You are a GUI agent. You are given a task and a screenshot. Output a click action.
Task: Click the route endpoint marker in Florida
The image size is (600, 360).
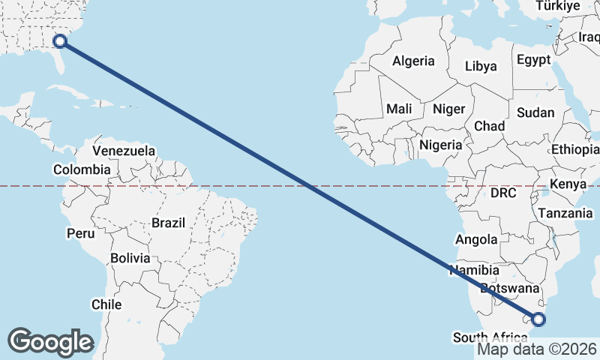tap(60, 41)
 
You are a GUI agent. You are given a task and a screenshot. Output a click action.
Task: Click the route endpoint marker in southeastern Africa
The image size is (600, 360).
tap(538, 320)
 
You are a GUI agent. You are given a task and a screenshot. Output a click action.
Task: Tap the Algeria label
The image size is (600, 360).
tap(413, 61)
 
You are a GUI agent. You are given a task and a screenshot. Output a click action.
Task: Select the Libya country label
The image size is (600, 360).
tap(481, 66)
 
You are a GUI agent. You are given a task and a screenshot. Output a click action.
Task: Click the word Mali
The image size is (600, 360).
tap(399, 109)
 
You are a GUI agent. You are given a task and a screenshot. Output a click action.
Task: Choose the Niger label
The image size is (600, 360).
tap(449, 109)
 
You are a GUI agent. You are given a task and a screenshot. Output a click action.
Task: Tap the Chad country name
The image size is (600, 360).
tap(489, 126)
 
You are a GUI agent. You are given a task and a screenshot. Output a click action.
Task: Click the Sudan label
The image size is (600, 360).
tap(535, 113)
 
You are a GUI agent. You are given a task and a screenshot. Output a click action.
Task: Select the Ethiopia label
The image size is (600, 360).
tap(575, 149)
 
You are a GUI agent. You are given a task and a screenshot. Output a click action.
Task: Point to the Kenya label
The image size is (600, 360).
tap(568, 184)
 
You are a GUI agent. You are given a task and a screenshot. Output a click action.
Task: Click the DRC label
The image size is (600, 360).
tap(504, 193)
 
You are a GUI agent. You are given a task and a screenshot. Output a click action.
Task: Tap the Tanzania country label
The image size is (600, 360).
tap(565, 213)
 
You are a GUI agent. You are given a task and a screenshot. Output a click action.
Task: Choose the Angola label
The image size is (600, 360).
tap(476, 240)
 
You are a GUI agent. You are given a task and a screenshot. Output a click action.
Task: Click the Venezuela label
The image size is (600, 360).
tap(124, 151)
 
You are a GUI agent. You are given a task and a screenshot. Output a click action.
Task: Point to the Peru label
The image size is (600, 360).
tap(81, 233)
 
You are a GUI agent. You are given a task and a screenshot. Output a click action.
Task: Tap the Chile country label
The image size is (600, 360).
tap(106, 304)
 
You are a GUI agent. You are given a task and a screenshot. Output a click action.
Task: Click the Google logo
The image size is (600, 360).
tap(50, 342)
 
